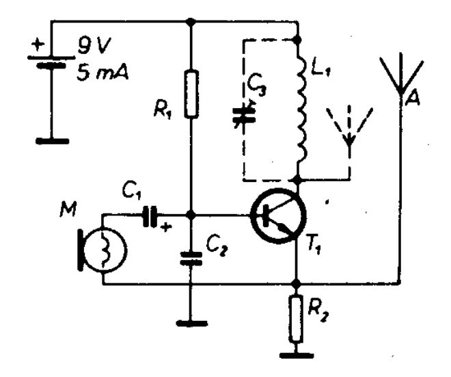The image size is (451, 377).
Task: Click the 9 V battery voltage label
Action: click(93, 46)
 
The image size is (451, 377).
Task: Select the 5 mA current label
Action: click(102, 73)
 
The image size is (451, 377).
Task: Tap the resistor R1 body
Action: click(191, 94)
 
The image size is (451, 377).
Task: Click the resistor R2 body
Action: click(296, 319)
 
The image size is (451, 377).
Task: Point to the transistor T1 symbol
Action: click(278, 216)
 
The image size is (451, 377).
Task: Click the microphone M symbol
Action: click(102, 249)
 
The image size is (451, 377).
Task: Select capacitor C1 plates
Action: click(150, 216)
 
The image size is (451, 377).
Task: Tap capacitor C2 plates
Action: click(191, 259)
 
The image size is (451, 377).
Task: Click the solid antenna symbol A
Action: click(400, 75)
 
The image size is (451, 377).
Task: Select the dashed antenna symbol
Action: click(349, 127)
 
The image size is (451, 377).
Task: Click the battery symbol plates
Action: click(51, 62)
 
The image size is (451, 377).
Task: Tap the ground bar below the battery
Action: click(53, 141)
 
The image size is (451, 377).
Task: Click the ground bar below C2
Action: click(191, 323)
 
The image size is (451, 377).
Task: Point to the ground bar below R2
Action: click(297, 355)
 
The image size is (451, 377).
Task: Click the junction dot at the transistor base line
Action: click(190, 215)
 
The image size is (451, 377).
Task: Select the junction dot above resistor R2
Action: click(296, 284)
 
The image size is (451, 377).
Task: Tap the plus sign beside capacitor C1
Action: click(165, 227)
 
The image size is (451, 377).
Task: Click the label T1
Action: click(314, 247)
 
